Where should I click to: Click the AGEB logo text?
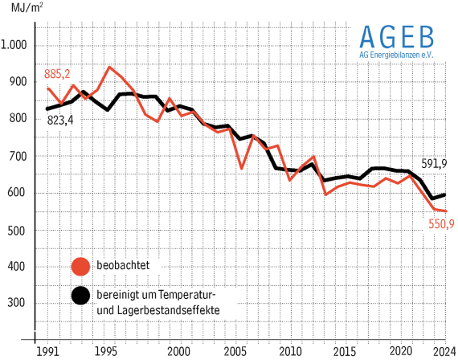[x=396, y=37]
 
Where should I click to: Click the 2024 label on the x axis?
[x=439, y=352]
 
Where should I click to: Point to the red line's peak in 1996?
[x=110, y=67]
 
